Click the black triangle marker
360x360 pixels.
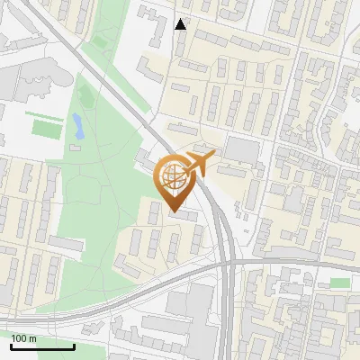click(x=181, y=23)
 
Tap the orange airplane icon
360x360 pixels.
click(x=199, y=163)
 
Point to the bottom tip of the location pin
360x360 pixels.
click(x=173, y=211)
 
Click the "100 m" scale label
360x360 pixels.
click(x=23, y=337)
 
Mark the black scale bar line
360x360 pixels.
click(x=42, y=346)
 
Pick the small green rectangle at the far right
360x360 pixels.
click(x=339, y=283)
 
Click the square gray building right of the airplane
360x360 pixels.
click(x=240, y=149)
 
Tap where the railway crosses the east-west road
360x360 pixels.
click(x=229, y=264)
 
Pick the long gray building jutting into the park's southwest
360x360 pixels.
click(x=66, y=243)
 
